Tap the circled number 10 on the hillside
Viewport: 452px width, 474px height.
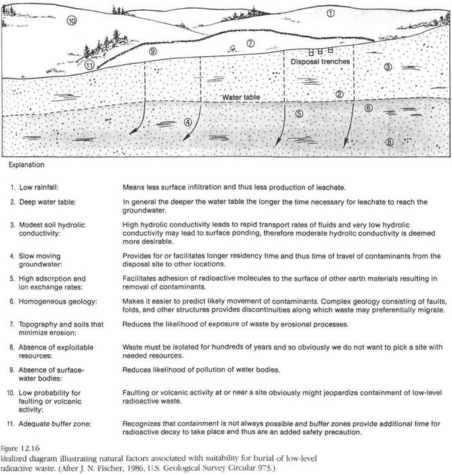click(x=72, y=22)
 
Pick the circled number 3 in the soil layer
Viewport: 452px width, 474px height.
click(x=387, y=68)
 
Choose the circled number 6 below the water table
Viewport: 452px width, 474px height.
click(x=369, y=108)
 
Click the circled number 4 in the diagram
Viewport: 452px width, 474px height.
click(x=188, y=122)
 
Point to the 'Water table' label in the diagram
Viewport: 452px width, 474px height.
click(x=242, y=98)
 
